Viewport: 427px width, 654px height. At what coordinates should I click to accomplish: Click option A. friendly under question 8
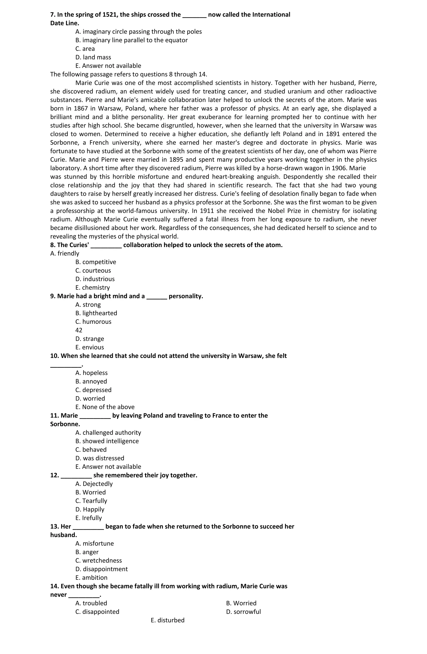pyautogui.click(x=65, y=253)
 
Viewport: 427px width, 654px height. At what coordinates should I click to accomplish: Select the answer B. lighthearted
pyautogui.click(x=96, y=313)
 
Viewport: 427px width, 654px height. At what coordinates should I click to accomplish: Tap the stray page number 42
pyautogui.click(x=79, y=330)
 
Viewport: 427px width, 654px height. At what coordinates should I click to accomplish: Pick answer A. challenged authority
pyautogui.click(x=108, y=432)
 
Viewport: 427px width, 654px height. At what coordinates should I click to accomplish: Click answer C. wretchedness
pyautogui.click(x=99, y=560)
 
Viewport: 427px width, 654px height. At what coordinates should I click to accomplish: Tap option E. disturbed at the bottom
pyautogui.click(x=168, y=620)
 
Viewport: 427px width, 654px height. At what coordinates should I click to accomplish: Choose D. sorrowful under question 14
pyautogui.click(x=243, y=611)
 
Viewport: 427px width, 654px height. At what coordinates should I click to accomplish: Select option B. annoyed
pyautogui.click(x=91, y=381)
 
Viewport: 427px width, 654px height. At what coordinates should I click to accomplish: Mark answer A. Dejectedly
pyautogui.click(x=94, y=484)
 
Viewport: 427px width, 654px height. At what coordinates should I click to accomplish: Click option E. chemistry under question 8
pyautogui.click(x=93, y=288)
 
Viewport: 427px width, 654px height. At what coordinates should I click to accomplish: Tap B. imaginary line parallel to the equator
pyautogui.click(x=131, y=40)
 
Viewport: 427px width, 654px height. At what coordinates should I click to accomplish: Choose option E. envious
pyautogui.click(x=90, y=347)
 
